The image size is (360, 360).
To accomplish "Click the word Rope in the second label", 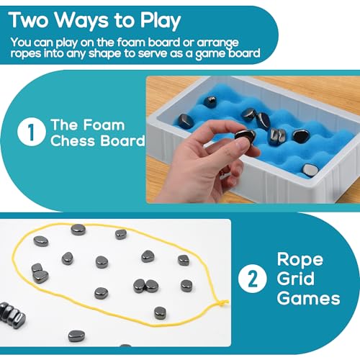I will (301, 259).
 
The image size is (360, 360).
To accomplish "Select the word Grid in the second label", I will (298, 279).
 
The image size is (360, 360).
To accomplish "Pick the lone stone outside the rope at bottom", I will (76, 336).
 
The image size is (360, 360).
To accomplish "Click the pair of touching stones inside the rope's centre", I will (145, 286).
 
